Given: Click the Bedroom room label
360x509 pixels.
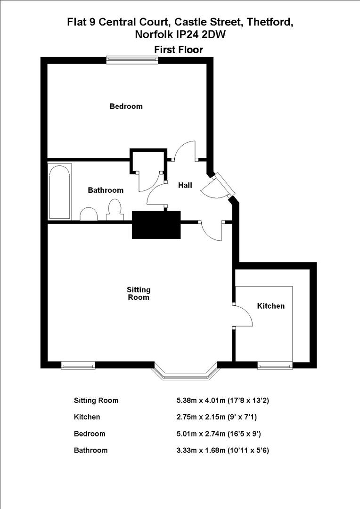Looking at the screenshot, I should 126,107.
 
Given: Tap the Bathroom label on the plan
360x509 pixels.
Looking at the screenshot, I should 106,190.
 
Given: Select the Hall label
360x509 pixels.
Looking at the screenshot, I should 185,186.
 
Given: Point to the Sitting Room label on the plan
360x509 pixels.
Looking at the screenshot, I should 139,293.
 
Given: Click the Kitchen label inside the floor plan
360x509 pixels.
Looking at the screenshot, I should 270,306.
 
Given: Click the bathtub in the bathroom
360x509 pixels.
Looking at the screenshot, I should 60,191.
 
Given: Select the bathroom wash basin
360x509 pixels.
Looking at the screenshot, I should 88,214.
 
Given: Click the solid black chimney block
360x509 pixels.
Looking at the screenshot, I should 156,225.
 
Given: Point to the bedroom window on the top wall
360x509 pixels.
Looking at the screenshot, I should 132,59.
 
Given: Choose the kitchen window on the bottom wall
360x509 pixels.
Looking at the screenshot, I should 275,365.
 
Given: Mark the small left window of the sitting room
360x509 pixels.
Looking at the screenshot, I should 78,365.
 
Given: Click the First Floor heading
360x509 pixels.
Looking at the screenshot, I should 179,49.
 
